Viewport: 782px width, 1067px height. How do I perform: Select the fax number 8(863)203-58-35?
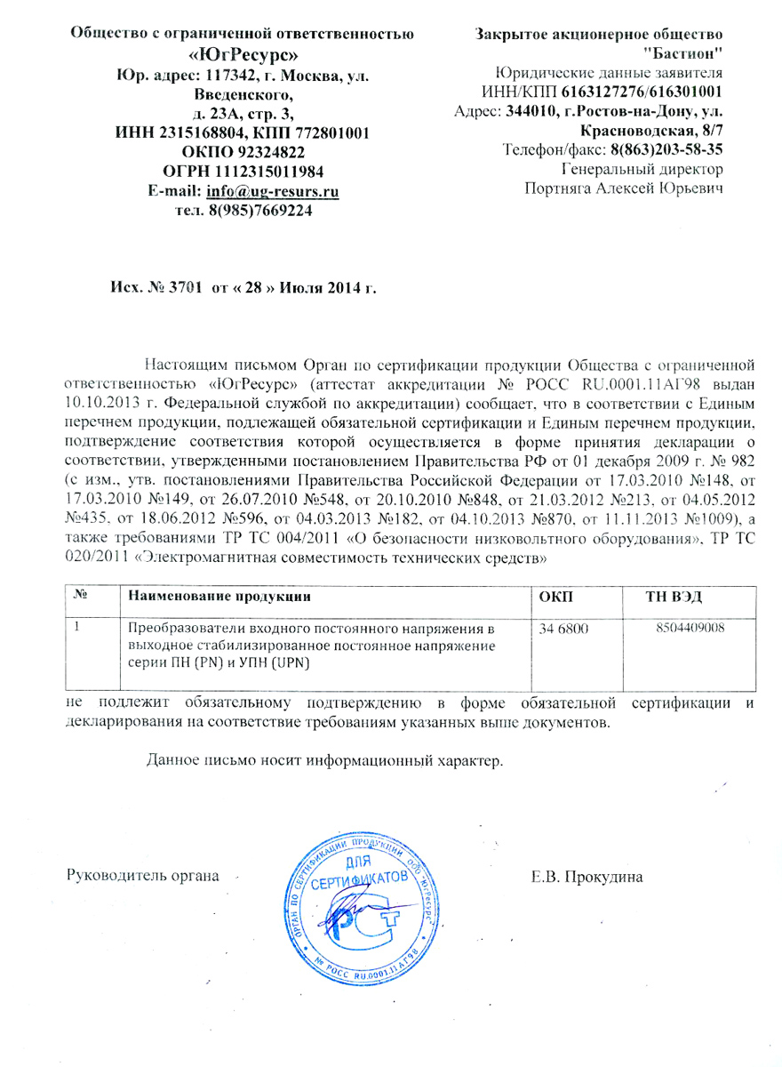[x=666, y=149]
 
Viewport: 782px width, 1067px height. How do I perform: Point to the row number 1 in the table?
[x=78, y=628]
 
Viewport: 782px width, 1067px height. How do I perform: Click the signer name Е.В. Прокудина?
[x=586, y=877]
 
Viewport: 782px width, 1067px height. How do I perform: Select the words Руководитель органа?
[x=144, y=877]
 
